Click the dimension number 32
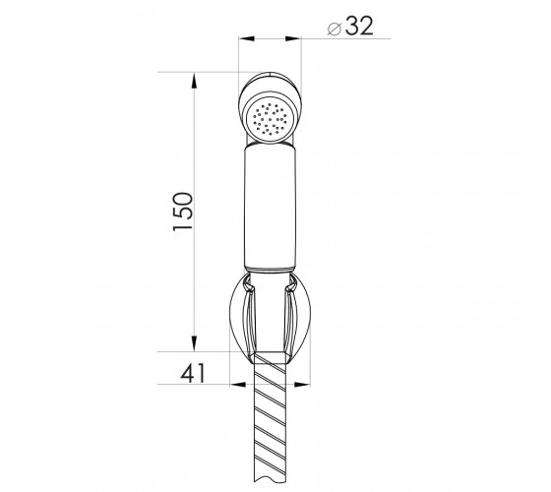359,26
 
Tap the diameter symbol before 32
335,29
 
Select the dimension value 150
183,212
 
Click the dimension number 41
193,373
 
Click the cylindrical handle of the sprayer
270,208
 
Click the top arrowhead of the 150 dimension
194,81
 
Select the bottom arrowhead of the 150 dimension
194,343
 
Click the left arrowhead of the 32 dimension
246,38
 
